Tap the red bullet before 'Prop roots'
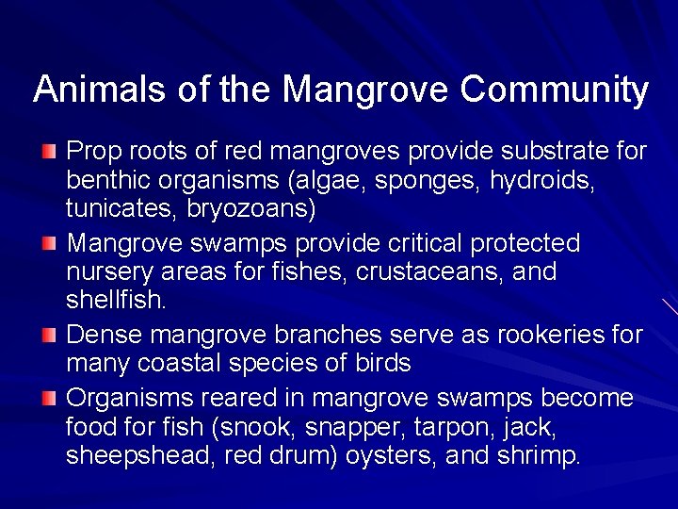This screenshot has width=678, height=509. (x=49, y=152)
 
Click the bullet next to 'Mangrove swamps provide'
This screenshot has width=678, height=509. (x=49, y=244)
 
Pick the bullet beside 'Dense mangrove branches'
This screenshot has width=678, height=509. (x=49, y=335)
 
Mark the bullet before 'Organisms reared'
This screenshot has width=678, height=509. (x=49, y=398)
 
